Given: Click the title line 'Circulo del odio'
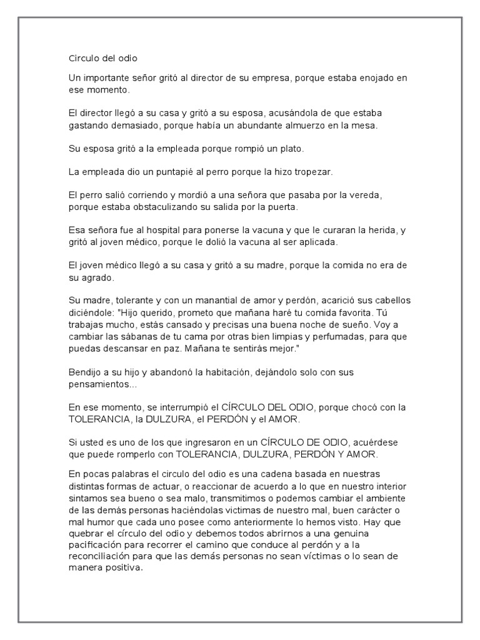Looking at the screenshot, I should [x=101, y=58].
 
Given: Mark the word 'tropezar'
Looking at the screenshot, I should [x=314, y=171].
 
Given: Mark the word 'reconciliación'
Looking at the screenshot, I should [x=104, y=556].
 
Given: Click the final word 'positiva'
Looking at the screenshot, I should [x=125, y=568].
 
